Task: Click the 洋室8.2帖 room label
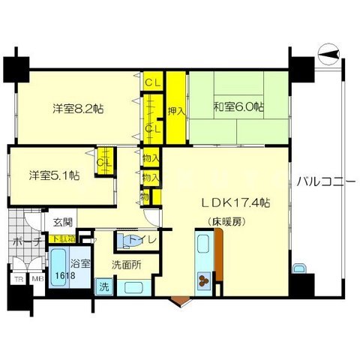point(78,108)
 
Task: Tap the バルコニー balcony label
point(325,181)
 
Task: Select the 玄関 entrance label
point(61,222)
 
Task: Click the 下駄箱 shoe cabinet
point(61,238)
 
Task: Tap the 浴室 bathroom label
point(81,264)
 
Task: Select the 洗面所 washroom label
point(126,264)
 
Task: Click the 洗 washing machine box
point(104,286)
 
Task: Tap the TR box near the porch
point(16,279)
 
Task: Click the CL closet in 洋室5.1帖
point(104,161)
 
